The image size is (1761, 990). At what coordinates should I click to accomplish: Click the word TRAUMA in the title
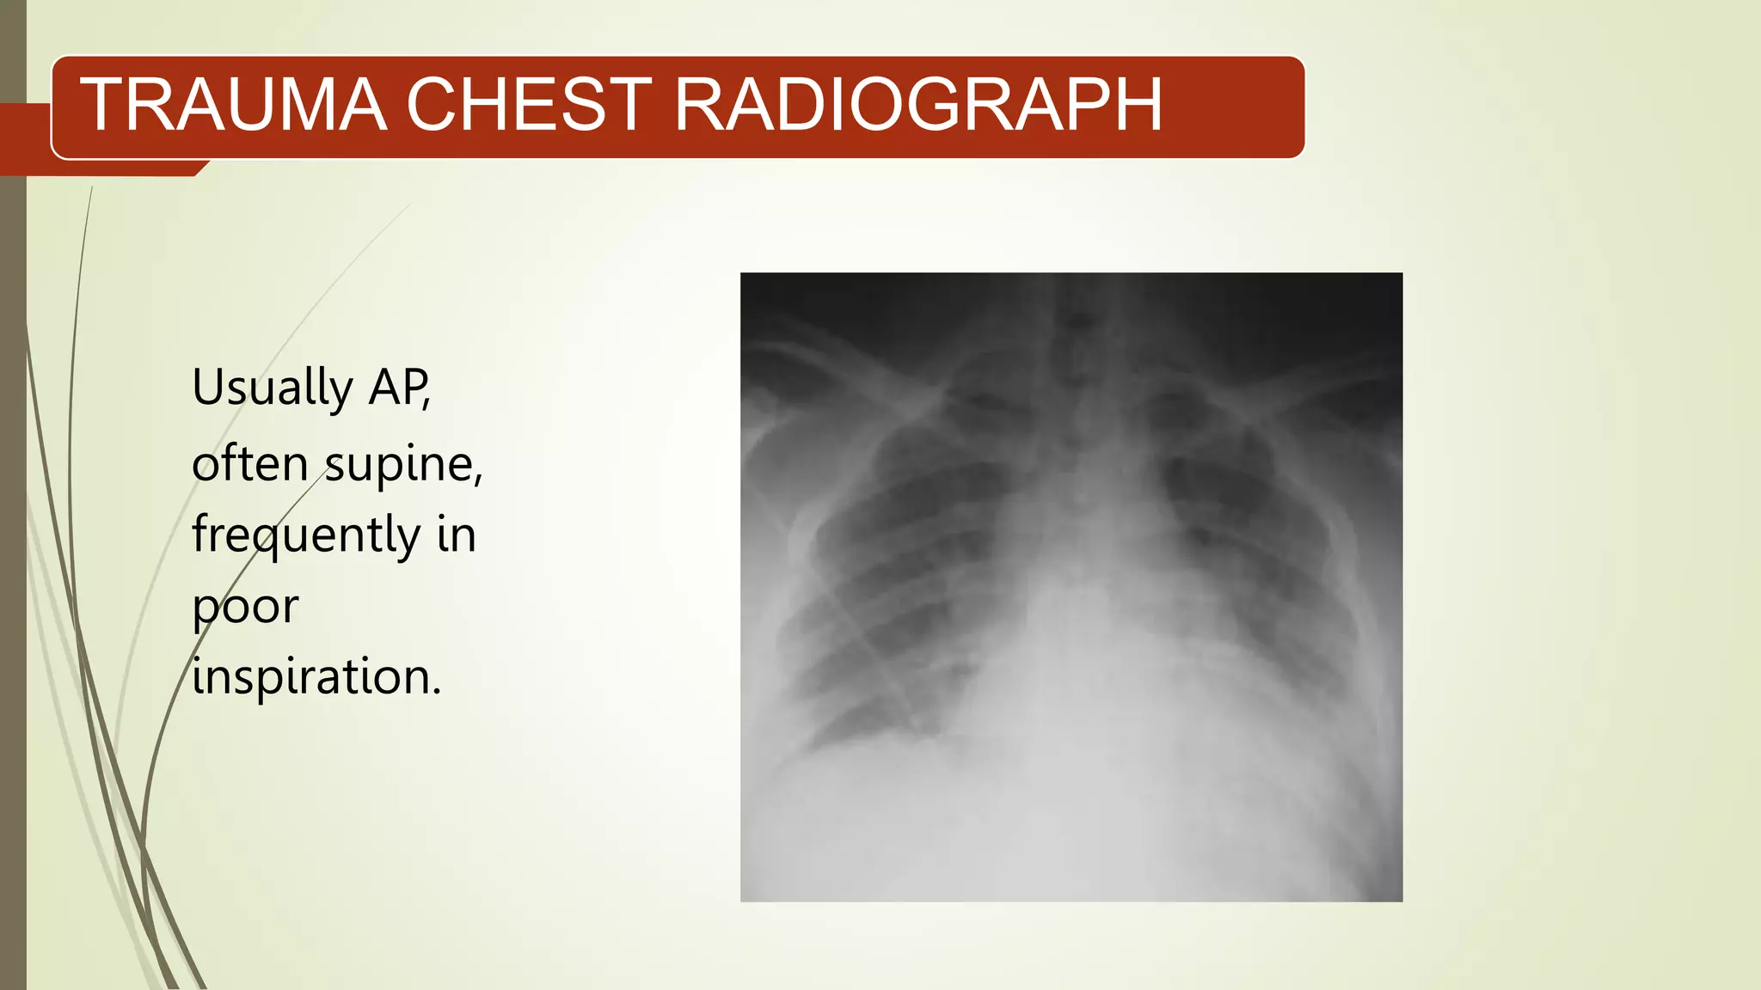tap(233, 105)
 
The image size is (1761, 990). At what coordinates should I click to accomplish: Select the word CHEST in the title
tap(529, 105)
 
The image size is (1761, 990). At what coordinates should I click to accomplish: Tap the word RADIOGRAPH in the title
tap(917, 105)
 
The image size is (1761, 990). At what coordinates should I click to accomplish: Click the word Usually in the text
tap(272, 388)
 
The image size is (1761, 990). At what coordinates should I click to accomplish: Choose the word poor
tap(245, 608)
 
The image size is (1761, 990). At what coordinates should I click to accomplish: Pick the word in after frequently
tap(456, 535)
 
